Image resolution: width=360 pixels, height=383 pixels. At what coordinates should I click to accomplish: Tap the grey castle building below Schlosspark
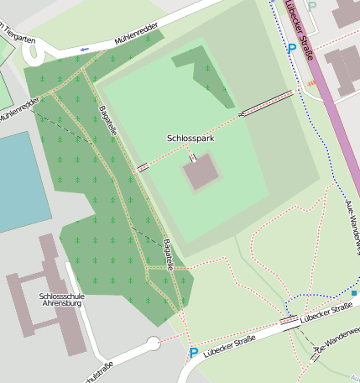[x=201, y=172]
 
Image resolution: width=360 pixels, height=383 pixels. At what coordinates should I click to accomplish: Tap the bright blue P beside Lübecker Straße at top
[x=291, y=50]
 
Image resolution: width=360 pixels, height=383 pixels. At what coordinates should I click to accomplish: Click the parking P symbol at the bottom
[x=194, y=354]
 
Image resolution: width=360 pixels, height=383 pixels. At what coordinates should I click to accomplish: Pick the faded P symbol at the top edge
[x=312, y=6]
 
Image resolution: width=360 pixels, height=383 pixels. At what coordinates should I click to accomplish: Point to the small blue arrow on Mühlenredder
[x=83, y=50]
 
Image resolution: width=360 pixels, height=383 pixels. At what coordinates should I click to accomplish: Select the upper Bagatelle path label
[x=107, y=123]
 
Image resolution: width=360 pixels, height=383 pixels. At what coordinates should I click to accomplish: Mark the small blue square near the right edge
[x=354, y=293]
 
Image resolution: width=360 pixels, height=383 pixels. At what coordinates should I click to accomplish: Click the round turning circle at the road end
[x=153, y=343]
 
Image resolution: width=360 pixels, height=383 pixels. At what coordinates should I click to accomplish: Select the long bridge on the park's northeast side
[x=267, y=102]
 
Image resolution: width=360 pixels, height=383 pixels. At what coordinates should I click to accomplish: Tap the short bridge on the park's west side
[x=143, y=167]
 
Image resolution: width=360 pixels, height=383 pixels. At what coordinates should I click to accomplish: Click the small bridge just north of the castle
[x=193, y=157]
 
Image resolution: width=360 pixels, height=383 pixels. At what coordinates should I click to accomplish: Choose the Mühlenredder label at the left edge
[x=18, y=113]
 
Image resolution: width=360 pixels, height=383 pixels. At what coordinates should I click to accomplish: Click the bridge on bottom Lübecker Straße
[x=290, y=320]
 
